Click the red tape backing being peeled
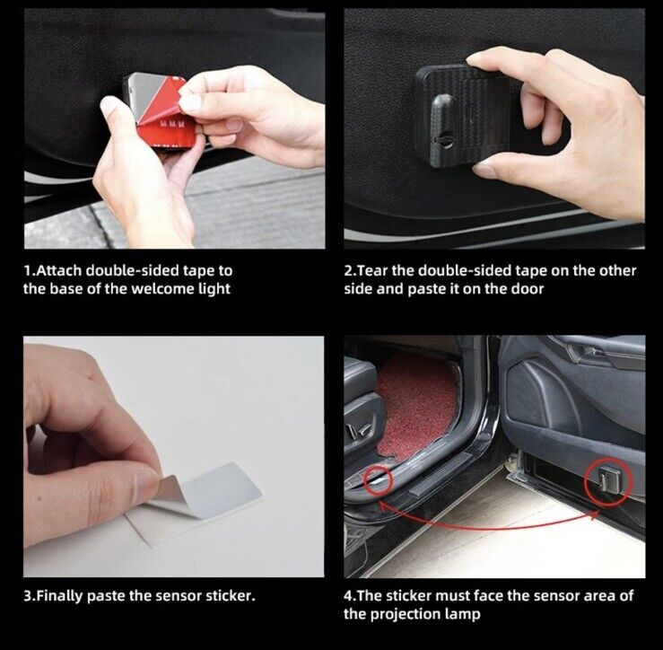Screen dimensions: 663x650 pyautogui.click(x=167, y=113)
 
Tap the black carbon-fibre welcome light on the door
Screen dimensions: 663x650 pyautogui.click(x=464, y=115)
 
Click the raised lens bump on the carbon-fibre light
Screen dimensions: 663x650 pyautogui.click(x=443, y=126)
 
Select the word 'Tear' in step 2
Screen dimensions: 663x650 pyautogui.click(x=373, y=271)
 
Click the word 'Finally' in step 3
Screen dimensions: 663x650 pyautogui.click(x=59, y=596)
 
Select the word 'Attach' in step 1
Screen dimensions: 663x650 pyautogui.click(x=59, y=271)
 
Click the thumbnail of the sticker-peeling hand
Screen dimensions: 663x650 pyautogui.click(x=174, y=457)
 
